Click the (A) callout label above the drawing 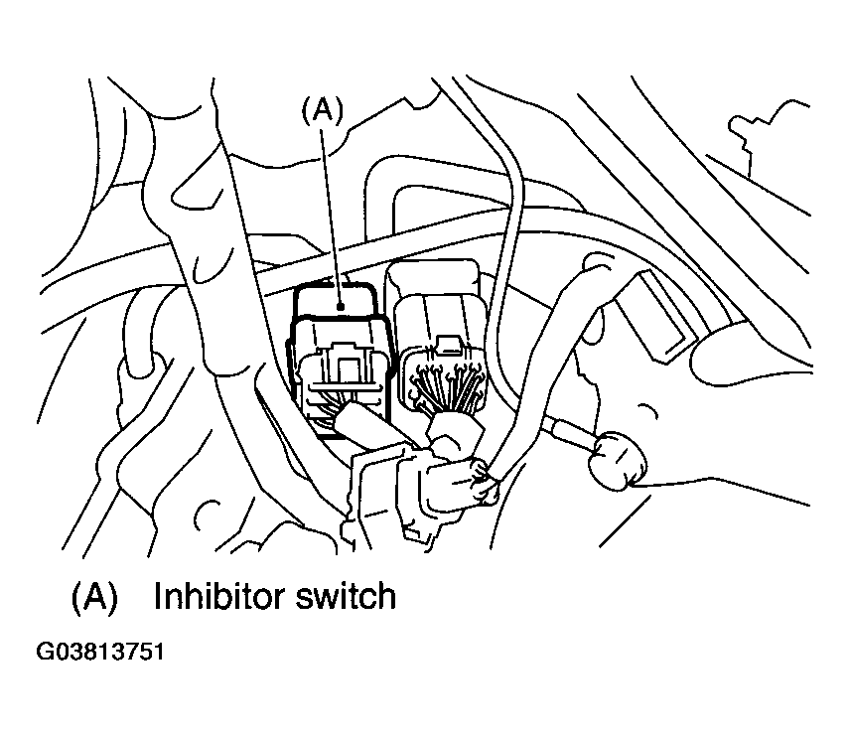click(x=323, y=110)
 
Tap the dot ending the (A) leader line click(x=342, y=307)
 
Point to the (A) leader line click(x=332, y=217)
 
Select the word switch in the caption click(x=346, y=596)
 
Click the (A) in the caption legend click(x=94, y=597)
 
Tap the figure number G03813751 click(x=99, y=652)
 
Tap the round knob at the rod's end click(x=618, y=460)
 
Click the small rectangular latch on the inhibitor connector click(x=344, y=363)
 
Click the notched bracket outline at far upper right click(x=770, y=135)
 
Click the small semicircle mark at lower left click(x=206, y=514)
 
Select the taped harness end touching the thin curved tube click(x=485, y=483)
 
